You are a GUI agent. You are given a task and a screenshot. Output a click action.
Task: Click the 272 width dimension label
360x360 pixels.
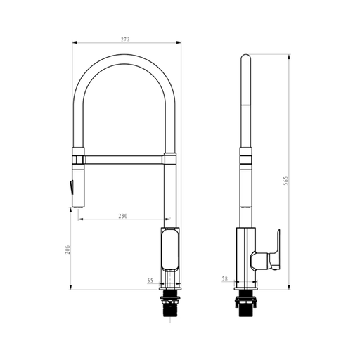(125, 39)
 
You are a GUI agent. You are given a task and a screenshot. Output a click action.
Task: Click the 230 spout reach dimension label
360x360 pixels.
(123, 216)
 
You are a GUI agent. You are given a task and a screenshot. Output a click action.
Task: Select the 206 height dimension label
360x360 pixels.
(67, 250)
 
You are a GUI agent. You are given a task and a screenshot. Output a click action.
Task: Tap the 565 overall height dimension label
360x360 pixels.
(286, 181)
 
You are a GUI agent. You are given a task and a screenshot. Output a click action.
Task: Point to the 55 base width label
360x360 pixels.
(150, 281)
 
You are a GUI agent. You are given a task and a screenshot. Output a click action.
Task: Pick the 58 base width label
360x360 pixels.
(224, 278)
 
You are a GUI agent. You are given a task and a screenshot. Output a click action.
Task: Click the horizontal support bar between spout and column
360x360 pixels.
(124, 160)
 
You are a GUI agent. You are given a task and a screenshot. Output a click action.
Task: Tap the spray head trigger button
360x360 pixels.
(71, 187)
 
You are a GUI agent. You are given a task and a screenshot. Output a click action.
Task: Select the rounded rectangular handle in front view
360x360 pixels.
(170, 250)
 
